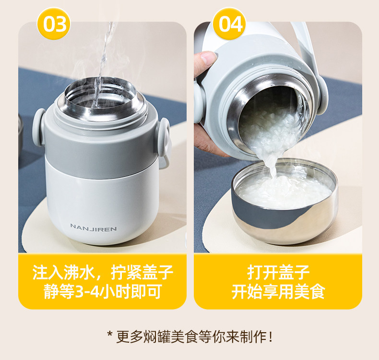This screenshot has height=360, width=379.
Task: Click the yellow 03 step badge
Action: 53,24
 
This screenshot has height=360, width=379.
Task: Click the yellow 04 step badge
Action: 229,24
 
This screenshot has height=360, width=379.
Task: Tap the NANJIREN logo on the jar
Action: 94,227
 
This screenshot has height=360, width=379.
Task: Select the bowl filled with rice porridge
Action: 284,201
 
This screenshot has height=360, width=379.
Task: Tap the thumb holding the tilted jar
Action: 204,61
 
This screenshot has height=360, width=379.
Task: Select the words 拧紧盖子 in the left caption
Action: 142,273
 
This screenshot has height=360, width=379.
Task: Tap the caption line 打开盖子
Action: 278,273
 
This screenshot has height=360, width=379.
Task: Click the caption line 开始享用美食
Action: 278,292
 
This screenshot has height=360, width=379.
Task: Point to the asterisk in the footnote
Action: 110,335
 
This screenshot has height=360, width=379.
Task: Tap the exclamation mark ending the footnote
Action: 271,336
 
